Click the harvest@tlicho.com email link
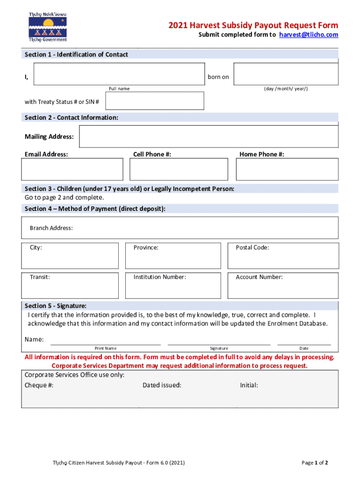click(309, 35)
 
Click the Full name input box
click(119, 74)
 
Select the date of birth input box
click(286, 74)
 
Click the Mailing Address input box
click(209, 136)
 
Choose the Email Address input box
click(72, 169)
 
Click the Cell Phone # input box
click(179, 169)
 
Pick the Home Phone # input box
click(287, 169)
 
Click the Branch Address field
click(180, 228)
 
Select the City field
click(70, 256)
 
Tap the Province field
click(173, 256)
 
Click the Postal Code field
click(283, 256)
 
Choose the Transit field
click(70, 285)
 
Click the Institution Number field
click(173, 285)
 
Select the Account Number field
click(283, 285)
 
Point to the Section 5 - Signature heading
click(55, 305)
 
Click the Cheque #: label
click(39, 385)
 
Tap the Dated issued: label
click(162, 385)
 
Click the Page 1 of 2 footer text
click(315, 463)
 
